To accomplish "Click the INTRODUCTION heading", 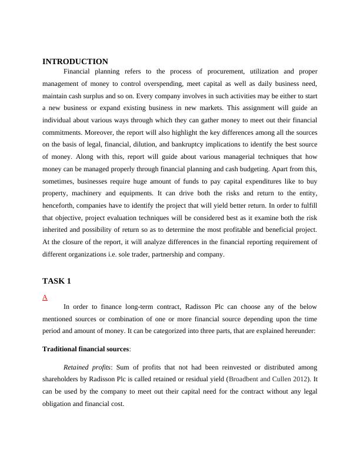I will tap(75, 61).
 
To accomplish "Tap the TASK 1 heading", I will tap(56, 281).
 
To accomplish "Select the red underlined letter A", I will tap(45, 297).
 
